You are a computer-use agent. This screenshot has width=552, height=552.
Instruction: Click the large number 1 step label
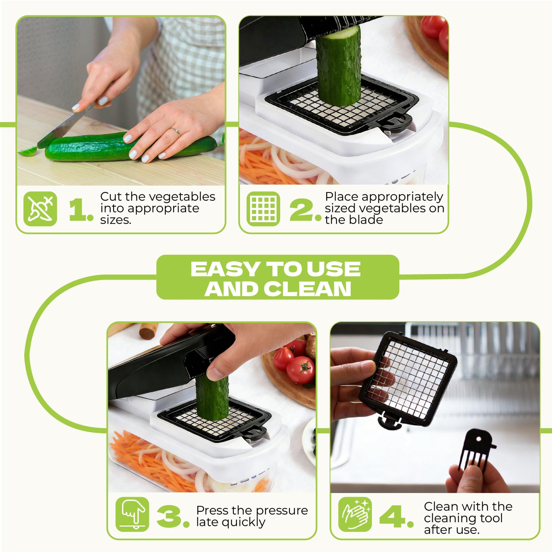(x=81, y=210)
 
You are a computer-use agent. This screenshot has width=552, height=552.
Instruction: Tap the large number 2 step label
(x=305, y=210)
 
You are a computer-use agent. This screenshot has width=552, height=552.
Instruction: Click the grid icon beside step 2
(x=263, y=209)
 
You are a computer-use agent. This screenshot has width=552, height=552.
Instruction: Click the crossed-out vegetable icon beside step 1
(x=40, y=209)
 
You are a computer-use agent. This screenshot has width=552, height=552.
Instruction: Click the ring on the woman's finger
(x=176, y=132)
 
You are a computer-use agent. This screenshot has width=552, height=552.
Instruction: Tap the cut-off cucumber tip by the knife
(x=28, y=151)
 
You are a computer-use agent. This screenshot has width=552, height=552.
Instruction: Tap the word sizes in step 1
(x=116, y=220)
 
